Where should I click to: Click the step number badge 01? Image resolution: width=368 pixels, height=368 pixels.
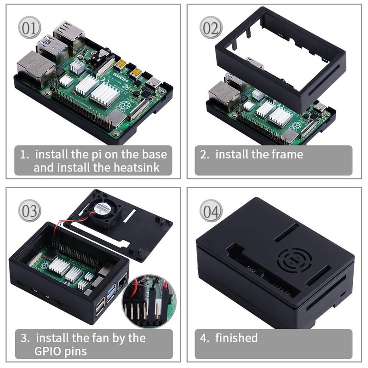29,28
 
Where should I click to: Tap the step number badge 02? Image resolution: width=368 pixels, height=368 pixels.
211,28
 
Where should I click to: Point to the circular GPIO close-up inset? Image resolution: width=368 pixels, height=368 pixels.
149,301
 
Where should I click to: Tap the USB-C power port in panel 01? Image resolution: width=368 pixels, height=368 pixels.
154,83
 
